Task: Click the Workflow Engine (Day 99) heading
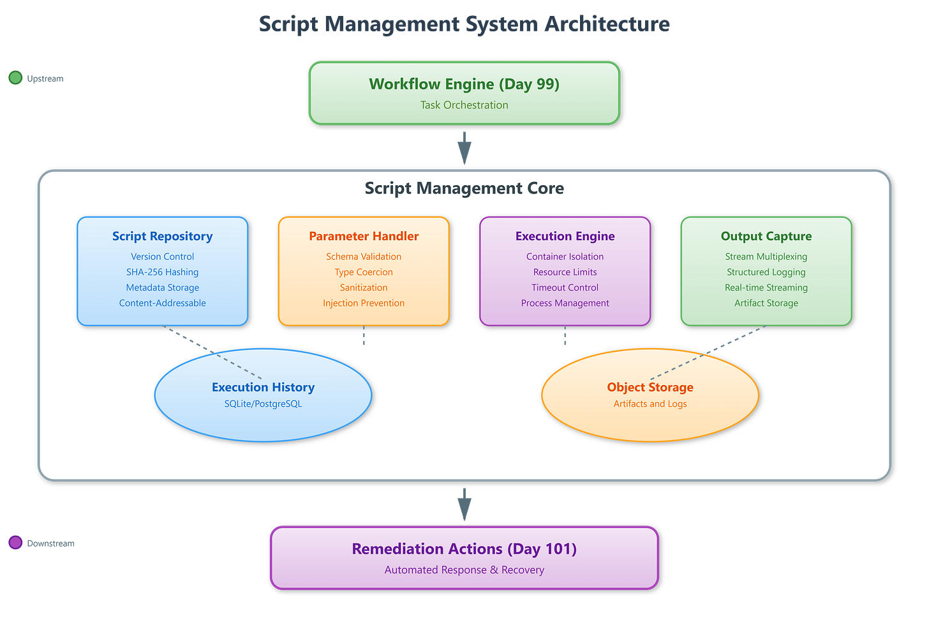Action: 464,84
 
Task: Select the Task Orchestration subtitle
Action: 464,105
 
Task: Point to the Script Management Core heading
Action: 464,188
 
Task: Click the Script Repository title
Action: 162,236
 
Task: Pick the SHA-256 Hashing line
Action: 162,272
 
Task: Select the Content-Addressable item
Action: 162,303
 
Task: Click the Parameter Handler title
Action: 364,236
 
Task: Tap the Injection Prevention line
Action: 364,303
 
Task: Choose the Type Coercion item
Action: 364,272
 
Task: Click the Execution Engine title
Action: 565,236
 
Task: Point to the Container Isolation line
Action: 565,257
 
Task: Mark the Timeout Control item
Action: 565,288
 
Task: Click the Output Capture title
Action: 766,236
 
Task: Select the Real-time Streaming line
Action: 766,288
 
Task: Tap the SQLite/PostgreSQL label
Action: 263,404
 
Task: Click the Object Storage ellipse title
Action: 650,388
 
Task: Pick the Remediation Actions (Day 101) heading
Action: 464,549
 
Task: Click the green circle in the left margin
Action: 15,78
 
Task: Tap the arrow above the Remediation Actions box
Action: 464,505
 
